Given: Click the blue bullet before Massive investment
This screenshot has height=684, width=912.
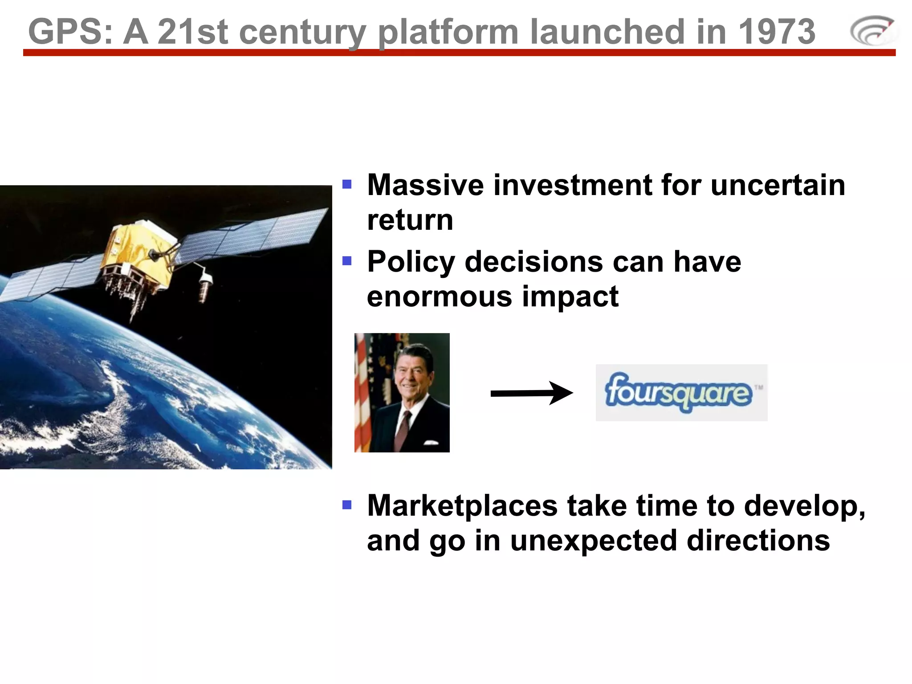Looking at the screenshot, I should coord(347,184).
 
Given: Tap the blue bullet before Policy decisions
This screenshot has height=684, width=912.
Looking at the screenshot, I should coord(347,261).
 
